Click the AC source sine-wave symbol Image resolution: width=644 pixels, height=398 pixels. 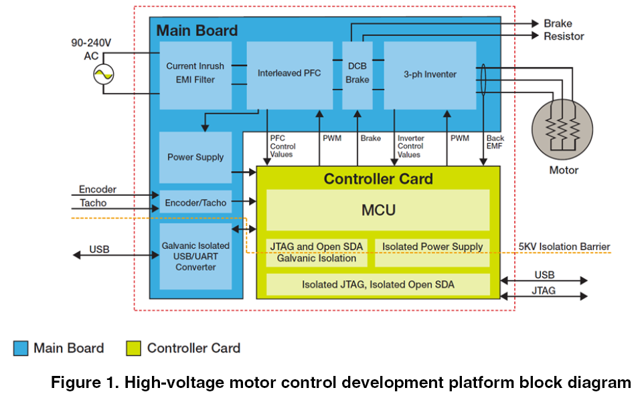pyautogui.click(x=103, y=75)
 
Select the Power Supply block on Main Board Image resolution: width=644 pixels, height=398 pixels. pyautogui.click(x=195, y=157)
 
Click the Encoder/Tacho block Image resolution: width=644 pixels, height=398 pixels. pyautogui.click(x=195, y=203)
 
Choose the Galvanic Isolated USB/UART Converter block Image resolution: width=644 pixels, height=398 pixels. pyautogui.click(x=195, y=257)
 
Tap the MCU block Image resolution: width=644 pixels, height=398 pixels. pyautogui.click(x=378, y=210)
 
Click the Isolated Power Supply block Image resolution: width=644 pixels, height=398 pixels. pyautogui.click(x=432, y=247)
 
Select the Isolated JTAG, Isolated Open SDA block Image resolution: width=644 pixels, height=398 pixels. pyautogui.click(x=378, y=284)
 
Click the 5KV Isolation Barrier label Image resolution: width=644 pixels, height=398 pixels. pyautogui.click(x=564, y=247)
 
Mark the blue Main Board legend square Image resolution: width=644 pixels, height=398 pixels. pyautogui.click(x=21, y=349)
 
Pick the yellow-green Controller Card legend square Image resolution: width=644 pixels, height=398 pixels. pyautogui.click(x=134, y=349)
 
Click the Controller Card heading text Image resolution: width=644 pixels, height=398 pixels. pyautogui.click(x=378, y=179)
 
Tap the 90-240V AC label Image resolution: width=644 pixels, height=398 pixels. pyautogui.click(x=91, y=49)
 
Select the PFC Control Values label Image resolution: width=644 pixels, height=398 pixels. pyautogui.click(x=282, y=146)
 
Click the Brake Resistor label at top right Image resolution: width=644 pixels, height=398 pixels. pyautogui.click(x=563, y=30)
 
